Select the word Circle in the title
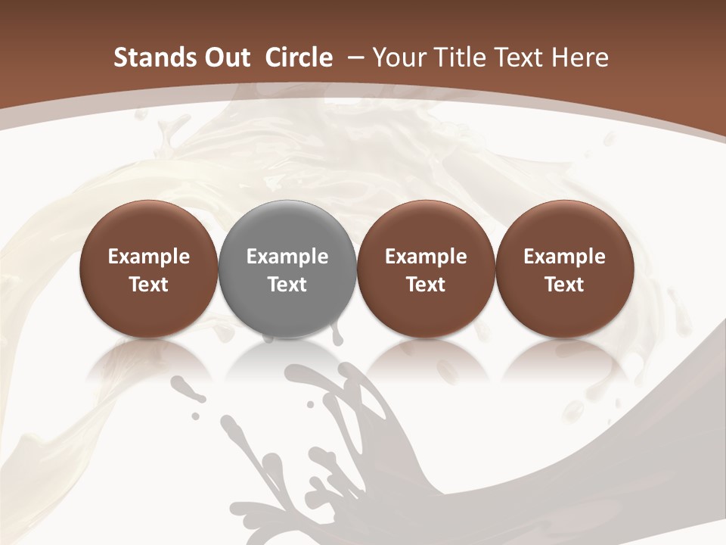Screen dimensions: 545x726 [x=299, y=58]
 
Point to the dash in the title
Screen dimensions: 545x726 [x=353, y=58]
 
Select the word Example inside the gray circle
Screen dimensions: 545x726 [x=287, y=257]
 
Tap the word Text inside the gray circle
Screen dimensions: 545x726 [x=287, y=285]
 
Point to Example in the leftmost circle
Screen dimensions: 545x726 [x=149, y=257]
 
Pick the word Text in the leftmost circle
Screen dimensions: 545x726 [x=149, y=285]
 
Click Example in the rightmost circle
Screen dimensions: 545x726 [x=565, y=257]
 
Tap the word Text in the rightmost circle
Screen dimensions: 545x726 [x=565, y=285]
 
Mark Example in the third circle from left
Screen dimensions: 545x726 [x=426, y=257]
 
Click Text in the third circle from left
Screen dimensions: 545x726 [x=426, y=285]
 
